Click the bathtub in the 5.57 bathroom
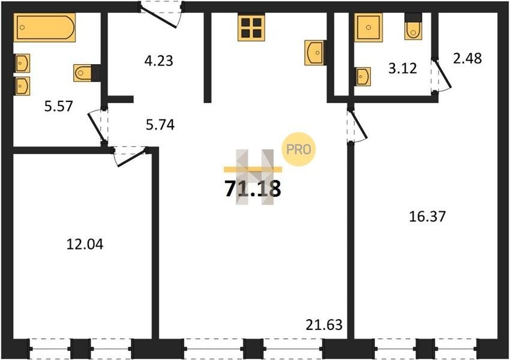pos(44,28)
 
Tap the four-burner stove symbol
pos(251,28)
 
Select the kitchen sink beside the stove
pos(314,52)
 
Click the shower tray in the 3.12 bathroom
pos(368,28)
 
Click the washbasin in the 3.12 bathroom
pos(363,77)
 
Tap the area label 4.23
pos(159,61)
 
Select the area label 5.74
pos(160,125)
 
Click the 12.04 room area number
pos(85,244)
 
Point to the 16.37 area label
pos(427,217)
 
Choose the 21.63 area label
pos(324,325)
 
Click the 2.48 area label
pos(467,59)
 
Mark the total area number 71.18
pos(253,189)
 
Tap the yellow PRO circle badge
pos(299,149)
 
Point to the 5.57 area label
pos(59,106)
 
